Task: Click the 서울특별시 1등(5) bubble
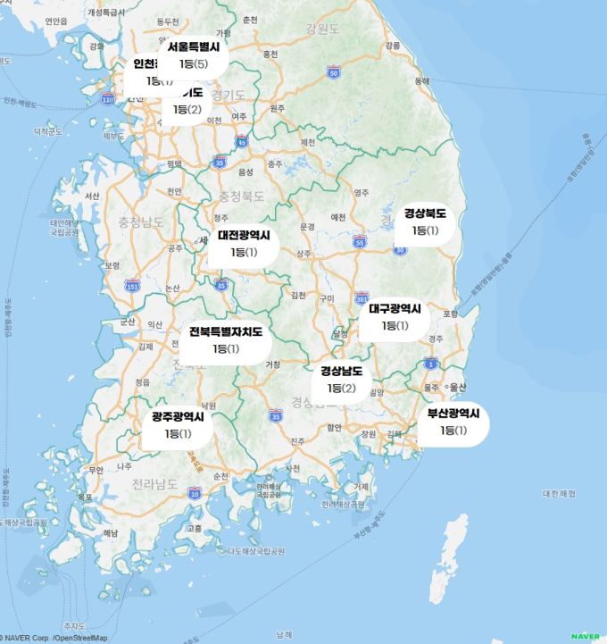pos(194,56)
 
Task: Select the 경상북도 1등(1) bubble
pos(425,222)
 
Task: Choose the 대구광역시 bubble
pos(395,317)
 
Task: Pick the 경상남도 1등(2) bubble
pos(341,380)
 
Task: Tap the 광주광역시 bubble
pos(178,425)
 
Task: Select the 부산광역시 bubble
pos(453,422)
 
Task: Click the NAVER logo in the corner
pos(585,636)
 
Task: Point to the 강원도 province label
pos(322,29)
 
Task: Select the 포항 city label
pos(450,314)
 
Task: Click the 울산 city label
pos(457,387)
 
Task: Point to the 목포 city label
pos(85,496)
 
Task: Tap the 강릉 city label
pos(392,45)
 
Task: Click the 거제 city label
pos(361,487)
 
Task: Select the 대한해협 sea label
pos(559,493)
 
